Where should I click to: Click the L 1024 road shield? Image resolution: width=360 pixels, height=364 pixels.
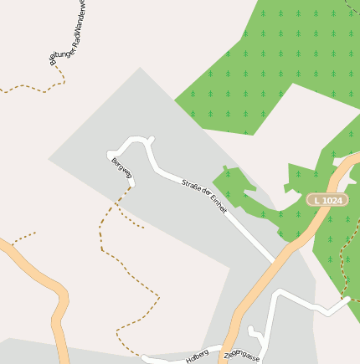(x=326, y=200)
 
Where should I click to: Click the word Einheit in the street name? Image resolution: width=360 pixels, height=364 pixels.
(x=215, y=203)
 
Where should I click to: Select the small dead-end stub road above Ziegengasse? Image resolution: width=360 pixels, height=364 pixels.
(x=256, y=335)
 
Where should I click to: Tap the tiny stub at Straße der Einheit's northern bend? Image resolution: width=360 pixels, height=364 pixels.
(x=151, y=139)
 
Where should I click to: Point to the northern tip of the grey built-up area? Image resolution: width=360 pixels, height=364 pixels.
(x=139, y=69)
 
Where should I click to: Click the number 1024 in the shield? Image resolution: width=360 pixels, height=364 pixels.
(x=332, y=200)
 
